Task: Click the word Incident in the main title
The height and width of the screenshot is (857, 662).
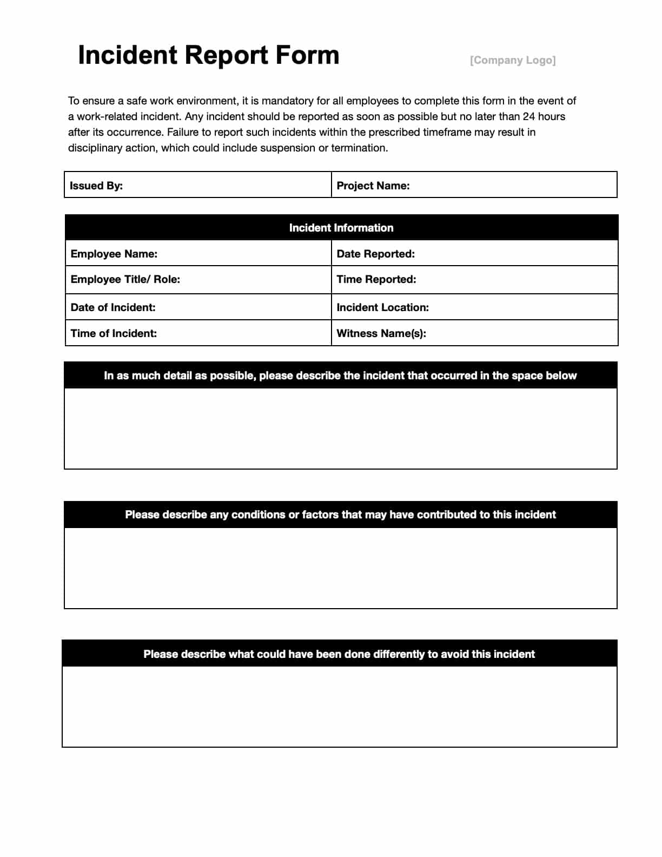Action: pos(127,55)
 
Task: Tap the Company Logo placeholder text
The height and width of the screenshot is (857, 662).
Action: pos(512,60)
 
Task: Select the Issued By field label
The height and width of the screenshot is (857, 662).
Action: pos(96,186)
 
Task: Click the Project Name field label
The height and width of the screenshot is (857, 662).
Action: pos(373,186)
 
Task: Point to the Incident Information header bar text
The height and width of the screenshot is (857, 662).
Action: pos(341,228)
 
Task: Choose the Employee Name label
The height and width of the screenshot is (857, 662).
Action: pos(114,254)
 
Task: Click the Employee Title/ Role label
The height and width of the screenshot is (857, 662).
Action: pos(125,279)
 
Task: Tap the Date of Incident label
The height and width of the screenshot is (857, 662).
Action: pos(112,307)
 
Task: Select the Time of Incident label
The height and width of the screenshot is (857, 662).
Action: pos(114,333)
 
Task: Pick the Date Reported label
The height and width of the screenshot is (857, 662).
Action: pos(375,254)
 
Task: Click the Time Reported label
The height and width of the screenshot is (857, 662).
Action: pos(376,279)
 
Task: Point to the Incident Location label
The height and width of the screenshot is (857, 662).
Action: pos(382,307)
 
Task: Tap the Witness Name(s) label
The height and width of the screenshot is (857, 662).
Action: pos(381,333)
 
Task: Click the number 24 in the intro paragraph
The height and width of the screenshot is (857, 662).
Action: pos(528,116)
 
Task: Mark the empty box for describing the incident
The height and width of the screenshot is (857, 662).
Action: pos(341,428)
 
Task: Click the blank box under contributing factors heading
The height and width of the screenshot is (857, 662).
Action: pos(341,568)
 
